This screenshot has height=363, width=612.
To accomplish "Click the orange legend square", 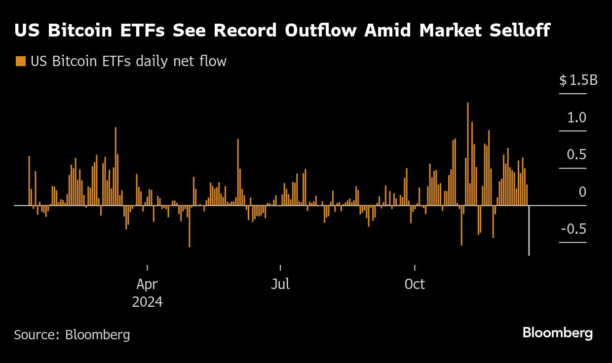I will pyautogui.click(x=20, y=61).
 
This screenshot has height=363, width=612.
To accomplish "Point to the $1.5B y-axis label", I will pyautogui.click(x=578, y=80).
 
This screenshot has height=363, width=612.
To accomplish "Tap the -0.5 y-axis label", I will pyautogui.click(x=574, y=229).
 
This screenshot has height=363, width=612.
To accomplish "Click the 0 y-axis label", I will pyautogui.click(x=582, y=192).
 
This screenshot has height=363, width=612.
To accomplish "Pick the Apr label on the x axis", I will pyautogui.click(x=147, y=285).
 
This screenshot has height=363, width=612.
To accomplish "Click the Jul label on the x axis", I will pyautogui.click(x=280, y=285).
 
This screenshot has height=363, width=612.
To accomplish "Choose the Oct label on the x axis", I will pyautogui.click(x=415, y=285).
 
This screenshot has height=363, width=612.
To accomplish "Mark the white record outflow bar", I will pyautogui.click(x=529, y=230).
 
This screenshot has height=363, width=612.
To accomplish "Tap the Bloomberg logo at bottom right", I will pyautogui.click(x=557, y=333).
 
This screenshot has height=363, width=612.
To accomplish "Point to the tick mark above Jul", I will pyautogui.click(x=280, y=267).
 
